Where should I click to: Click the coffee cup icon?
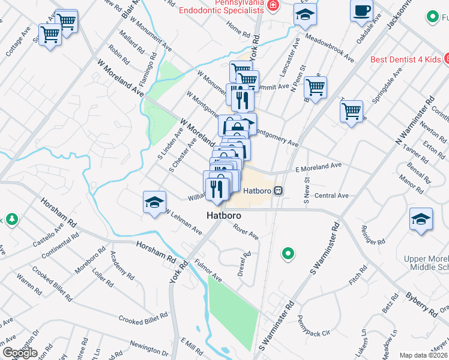(361, 11)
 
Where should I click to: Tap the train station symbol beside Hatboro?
(278, 190)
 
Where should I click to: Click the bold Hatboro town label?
(224, 214)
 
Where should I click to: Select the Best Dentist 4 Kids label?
(405, 59)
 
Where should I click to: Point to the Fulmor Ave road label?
(208, 271)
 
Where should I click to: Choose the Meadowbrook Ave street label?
(330, 46)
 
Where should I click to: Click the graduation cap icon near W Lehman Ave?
(154, 203)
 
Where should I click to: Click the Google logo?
(20, 352)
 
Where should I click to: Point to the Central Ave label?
(331, 195)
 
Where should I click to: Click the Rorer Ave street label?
(246, 232)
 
